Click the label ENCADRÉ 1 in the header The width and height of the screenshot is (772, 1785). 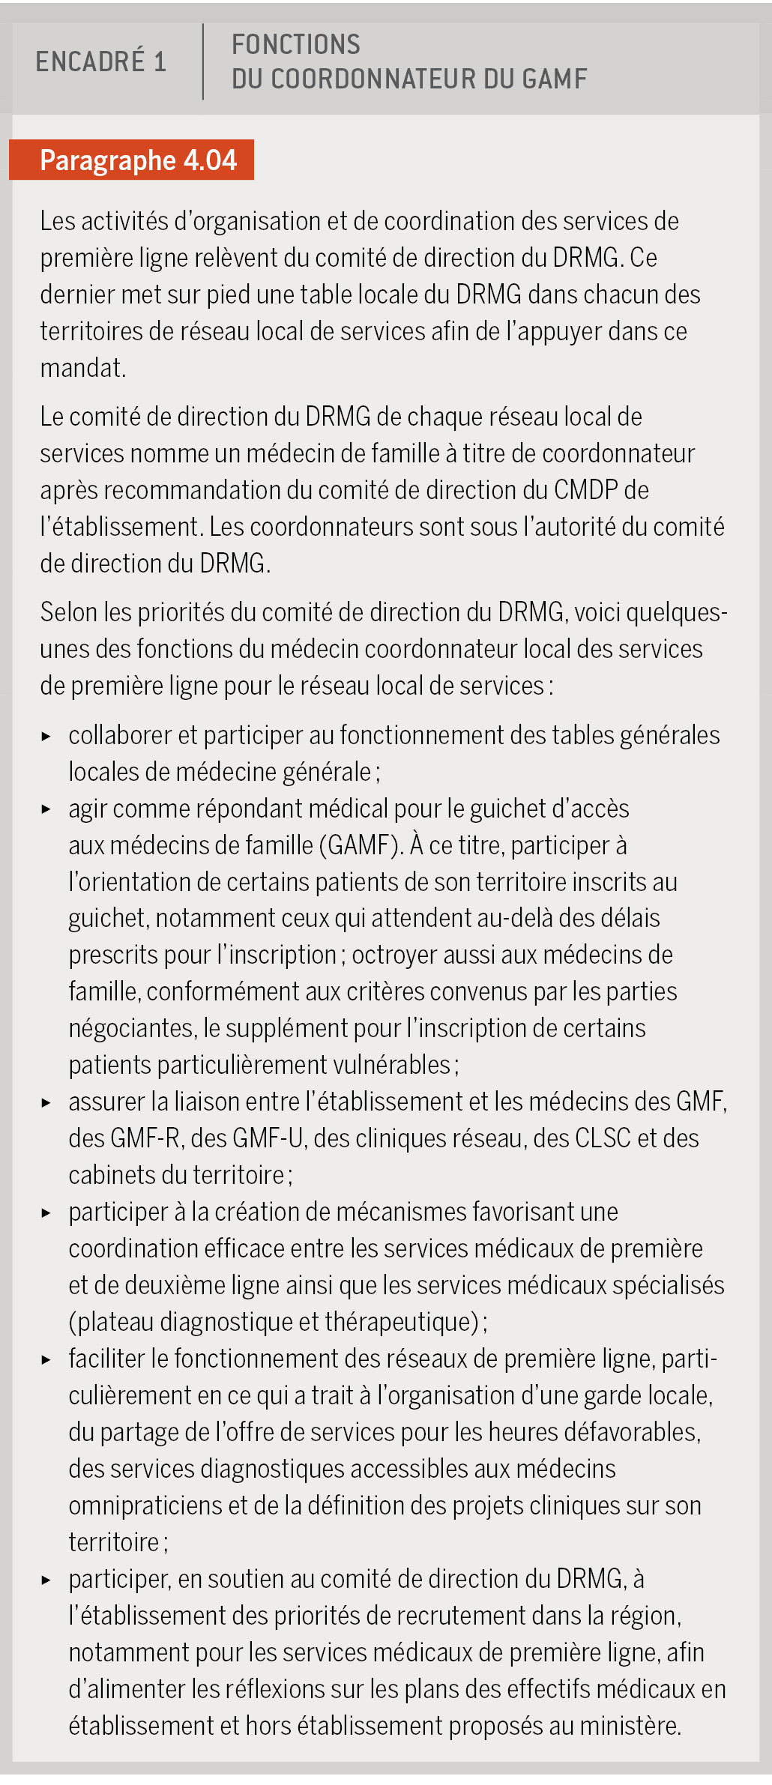100,61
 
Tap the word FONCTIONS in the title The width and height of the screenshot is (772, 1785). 295,45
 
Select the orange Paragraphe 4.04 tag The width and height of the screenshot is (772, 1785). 132,160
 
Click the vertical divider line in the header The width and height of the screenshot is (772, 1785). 203,61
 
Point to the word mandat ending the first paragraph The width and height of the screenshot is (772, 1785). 82,368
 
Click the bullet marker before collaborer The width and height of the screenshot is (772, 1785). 46,736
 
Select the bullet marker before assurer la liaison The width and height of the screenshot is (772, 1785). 46,1102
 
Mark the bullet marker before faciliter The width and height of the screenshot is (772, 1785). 46,1359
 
